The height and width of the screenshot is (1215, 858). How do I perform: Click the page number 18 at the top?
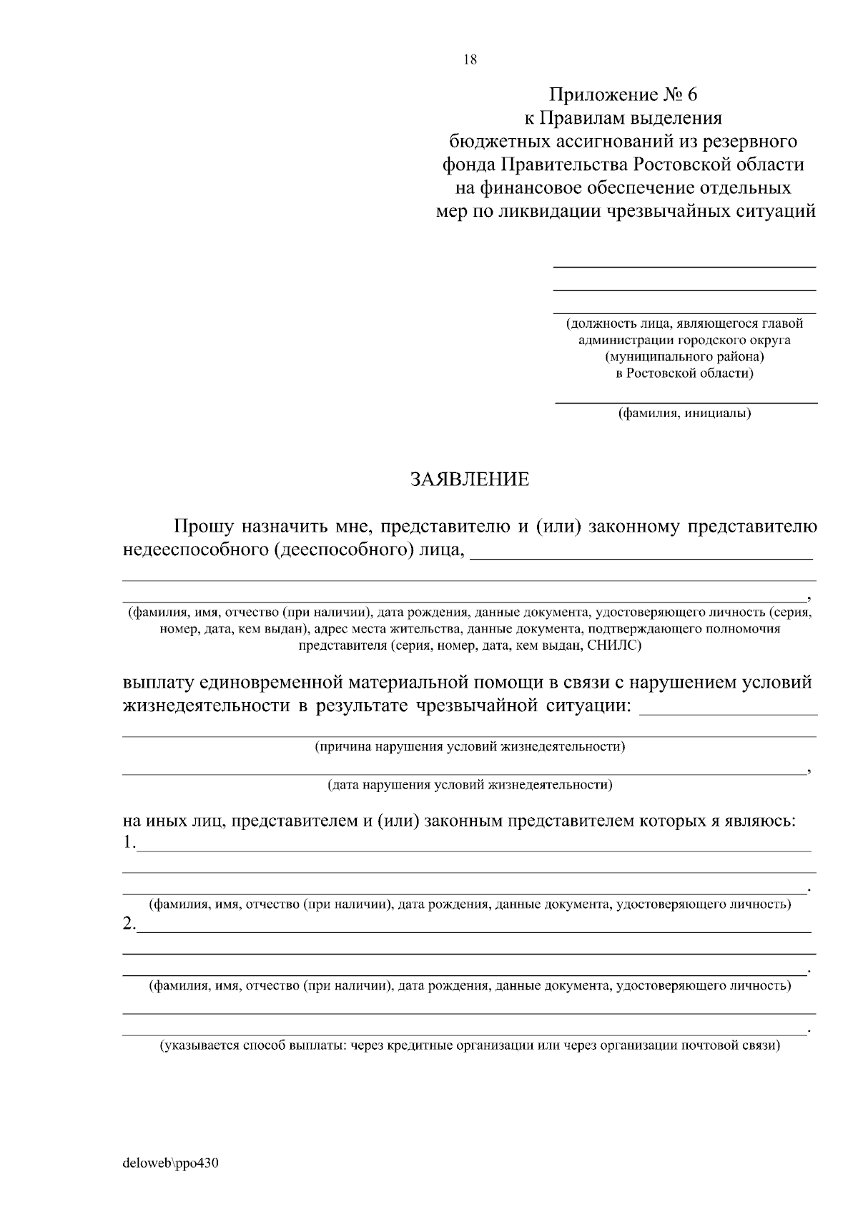click(x=470, y=60)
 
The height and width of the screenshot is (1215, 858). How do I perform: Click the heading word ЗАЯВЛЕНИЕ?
click(x=469, y=479)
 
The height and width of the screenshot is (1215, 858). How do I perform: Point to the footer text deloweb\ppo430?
click(x=170, y=1163)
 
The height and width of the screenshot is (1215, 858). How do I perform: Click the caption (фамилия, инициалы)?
click(x=684, y=413)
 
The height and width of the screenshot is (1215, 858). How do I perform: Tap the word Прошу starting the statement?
click(x=204, y=527)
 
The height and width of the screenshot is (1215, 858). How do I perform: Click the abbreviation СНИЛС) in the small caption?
click(x=614, y=645)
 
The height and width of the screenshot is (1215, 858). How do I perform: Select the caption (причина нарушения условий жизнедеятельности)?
click(x=470, y=747)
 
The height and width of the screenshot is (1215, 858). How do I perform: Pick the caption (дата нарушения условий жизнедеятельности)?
click(x=470, y=785)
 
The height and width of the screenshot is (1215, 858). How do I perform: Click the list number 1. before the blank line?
click(x=129, y=843)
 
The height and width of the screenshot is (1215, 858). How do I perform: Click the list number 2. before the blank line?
click(x=129, y=924)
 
